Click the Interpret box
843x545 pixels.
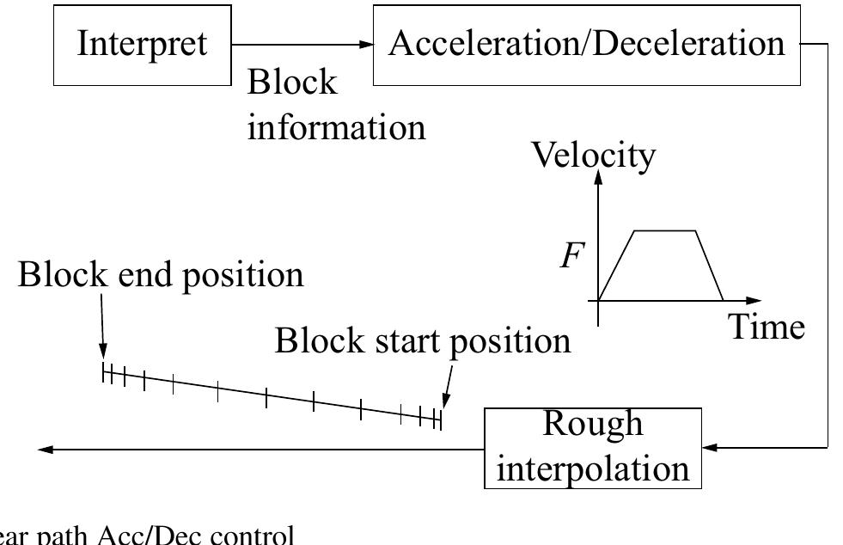(x=142, y=44)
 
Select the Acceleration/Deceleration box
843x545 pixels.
(x=587, y=44)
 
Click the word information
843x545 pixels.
(x=336, y=127)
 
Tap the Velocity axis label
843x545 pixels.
(x=593, y=156)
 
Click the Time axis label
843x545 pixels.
(x=767, y=328)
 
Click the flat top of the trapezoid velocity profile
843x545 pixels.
(x=664, y=230)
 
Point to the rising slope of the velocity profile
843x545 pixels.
(x=616, y=265)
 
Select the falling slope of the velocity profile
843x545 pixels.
(x=709, y=265)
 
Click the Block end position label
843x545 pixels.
(x=161, y=275)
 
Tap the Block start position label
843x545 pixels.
(x=422, y=340)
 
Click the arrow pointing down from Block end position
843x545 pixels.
(x=101, y=327)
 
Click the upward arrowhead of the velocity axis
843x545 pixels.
(x=599, y=179)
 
